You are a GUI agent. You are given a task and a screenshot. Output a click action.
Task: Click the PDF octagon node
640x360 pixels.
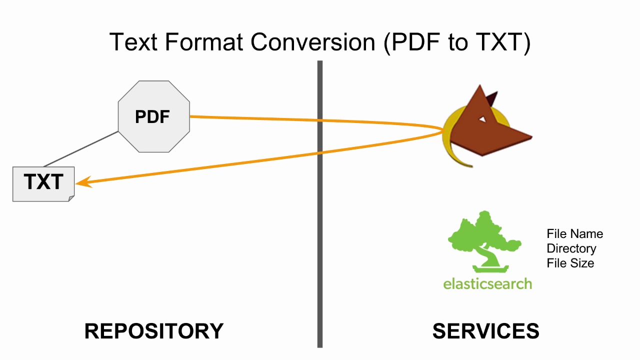click(x=154, y=116)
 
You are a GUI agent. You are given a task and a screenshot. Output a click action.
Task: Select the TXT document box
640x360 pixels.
click(x=43, y=184)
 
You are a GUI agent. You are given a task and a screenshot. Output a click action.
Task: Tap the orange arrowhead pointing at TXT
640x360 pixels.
click(x=83, y=182)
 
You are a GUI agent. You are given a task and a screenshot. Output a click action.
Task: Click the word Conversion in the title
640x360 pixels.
click(x=313, y=42)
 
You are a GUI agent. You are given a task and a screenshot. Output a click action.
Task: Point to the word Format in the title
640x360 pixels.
click(x=204, y=42)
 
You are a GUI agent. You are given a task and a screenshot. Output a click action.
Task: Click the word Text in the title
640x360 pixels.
click(x=133, y=42)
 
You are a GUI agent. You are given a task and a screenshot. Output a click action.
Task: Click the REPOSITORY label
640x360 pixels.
click(x=154, y=331)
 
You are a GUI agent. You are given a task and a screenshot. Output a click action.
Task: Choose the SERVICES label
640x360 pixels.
click(x=485, y=331)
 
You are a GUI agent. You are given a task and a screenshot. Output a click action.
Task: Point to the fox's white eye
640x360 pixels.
click(x=482, y=119)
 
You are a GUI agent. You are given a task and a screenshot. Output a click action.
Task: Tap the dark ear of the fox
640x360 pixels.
click(x=492, y=98)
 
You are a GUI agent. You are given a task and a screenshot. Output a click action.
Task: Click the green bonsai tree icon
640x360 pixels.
click(x=485, y=241)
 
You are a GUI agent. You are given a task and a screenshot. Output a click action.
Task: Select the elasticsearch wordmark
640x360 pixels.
click(x=487, y=284)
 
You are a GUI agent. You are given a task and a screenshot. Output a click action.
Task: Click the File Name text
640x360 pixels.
click(x=575, y=233)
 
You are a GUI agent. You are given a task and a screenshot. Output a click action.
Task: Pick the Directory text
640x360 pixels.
click(x=571, y=248)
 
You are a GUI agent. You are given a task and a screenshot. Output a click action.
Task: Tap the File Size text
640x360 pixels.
click(x=570, y=263)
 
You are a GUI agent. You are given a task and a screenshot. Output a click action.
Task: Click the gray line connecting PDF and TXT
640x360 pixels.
click(x=81, y=149)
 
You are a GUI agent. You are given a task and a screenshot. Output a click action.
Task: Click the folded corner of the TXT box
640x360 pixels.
click(x=71, y=198)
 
